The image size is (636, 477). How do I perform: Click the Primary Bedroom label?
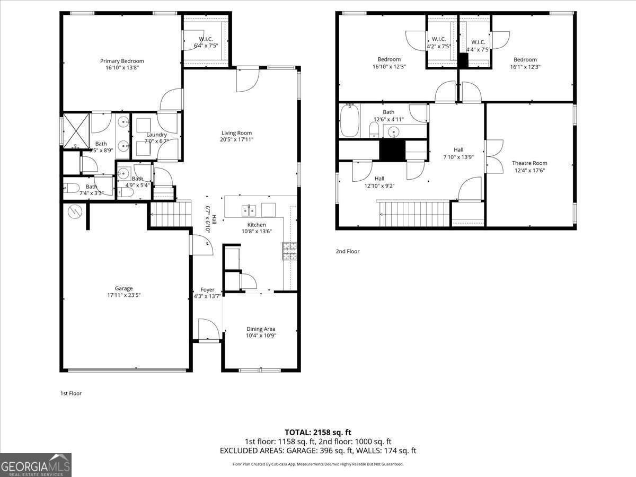pyautogui.click(x=122, y=61)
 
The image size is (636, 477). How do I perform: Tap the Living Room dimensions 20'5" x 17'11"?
pyautogui.click(x=236, y=140)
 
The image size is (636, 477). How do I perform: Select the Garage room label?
pyautogui.click(x=124, y=288)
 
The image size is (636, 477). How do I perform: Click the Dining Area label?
pyautogui.click(x=260, y=329)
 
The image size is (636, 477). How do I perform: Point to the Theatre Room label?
pyautogui.click(x=529, y=163)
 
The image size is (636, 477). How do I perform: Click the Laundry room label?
pyautogui.click(x=156, y=135)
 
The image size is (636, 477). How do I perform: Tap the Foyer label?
pyautogui.click(x=207, y=290)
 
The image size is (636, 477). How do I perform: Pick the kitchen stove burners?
pyautogui.click(x=289, y=251)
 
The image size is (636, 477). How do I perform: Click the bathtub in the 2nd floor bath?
pyautogui.click(x=350, y=121)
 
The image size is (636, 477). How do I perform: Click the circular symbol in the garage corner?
pyautogui.click(x=74, y=211)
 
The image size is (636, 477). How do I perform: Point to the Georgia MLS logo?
pyautogui.click(x=36, y=465)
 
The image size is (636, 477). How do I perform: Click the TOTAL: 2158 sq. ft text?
pyautogui.click(x=318, y=432)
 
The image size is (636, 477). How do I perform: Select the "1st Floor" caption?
pyautogui.click(x=71, y=393)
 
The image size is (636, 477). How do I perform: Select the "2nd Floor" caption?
pyautogui.click(x=347, y=251)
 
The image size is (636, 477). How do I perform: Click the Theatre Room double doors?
pyautogui.click(x=494, y=156)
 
